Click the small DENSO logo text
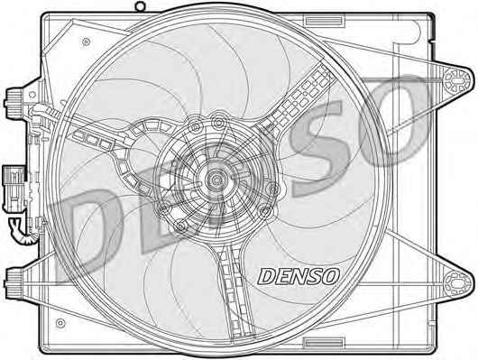[299, 276]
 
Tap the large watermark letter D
[88, 235]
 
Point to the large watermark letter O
[393, 122]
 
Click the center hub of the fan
[216, 180]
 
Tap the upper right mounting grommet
[456, 80]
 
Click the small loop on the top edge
[140, 6]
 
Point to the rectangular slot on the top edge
[323, 22]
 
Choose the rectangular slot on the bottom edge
[324, 343]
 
